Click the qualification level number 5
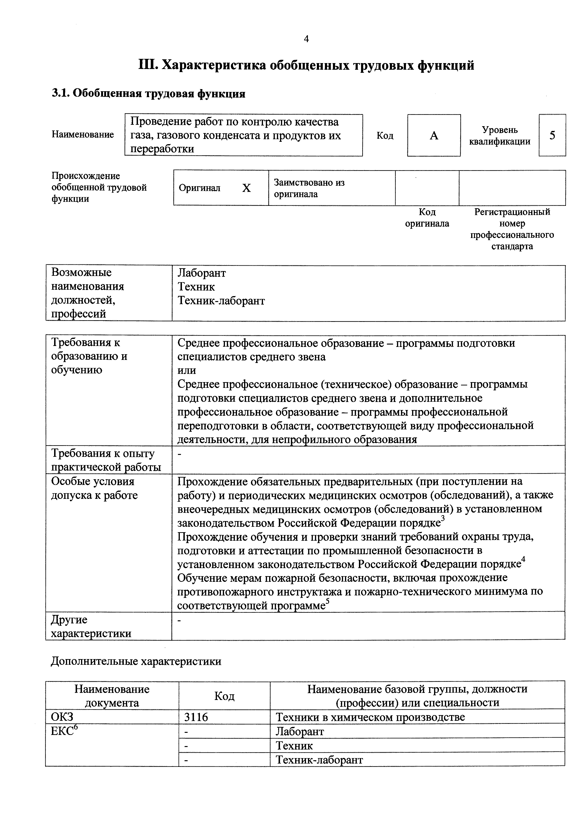coord(552,136)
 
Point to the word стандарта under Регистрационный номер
coord(512,247)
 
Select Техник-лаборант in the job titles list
coord(221,301)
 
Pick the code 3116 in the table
coord(196,717)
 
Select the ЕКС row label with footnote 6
coord(65,731)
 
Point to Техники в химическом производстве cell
coord(370,717)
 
